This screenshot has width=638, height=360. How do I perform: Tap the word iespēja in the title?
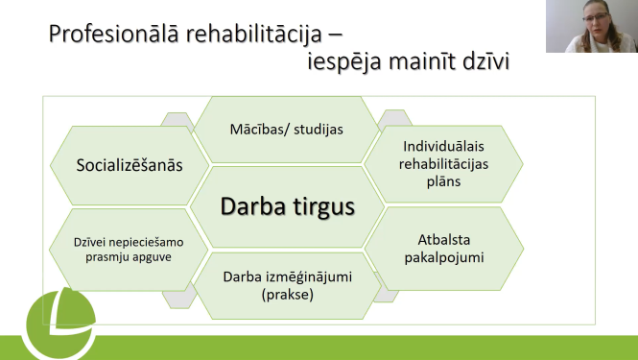coord(333,64)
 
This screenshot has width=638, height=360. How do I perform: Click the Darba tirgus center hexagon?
coord(288,206)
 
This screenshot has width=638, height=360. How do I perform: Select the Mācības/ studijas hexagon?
coord(288,130)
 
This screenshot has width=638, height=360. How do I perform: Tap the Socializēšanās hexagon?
coord(129,164)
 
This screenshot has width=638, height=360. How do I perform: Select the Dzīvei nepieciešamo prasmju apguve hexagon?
coord(129,249)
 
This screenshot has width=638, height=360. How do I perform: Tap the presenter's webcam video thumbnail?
coord(592,26)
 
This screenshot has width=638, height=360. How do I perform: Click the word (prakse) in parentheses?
coord(288,295)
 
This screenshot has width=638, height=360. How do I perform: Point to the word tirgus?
coord(322,206)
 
